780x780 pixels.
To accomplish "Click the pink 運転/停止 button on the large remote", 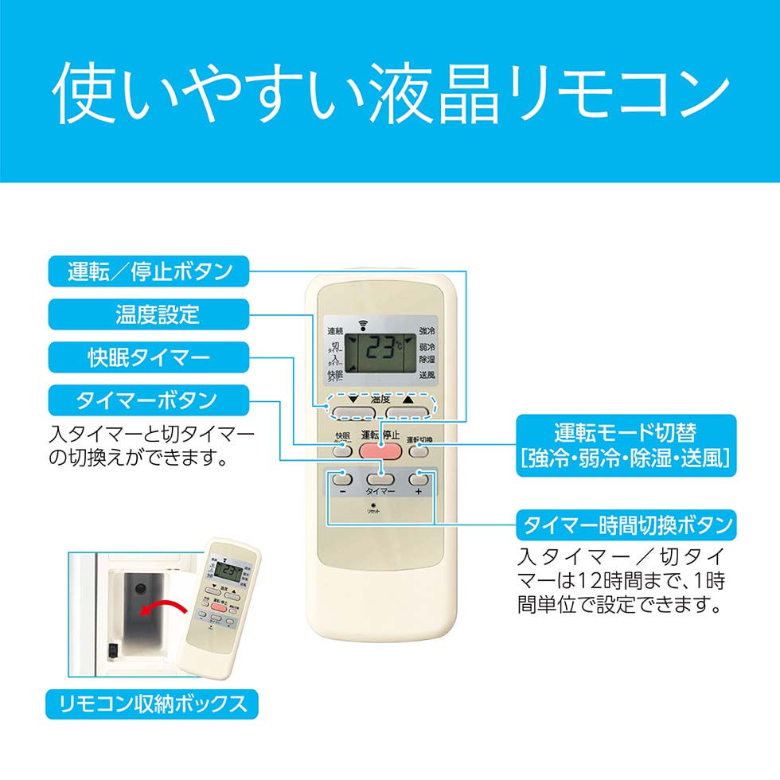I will pyautogui.click(x=380, y=450).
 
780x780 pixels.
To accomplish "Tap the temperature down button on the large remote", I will pyautogui.click(x=353, y=411).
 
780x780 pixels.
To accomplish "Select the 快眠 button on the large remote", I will pyautogui.click(x=342, y=450).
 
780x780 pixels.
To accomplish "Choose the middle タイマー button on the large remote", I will pyautogui.click(x=380, y=479).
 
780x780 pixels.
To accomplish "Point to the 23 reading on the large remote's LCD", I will pyautogui.click(x=379, y=348).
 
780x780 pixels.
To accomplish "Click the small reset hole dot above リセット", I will pyautogui.click(x=380, y=506).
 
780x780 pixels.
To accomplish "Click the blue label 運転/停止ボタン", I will pyautogui.click(x=149, y=272).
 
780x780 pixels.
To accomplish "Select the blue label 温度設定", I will pyautogui.click(x=149, y=314).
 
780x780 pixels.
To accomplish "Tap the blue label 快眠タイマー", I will pyautogui.click(x=149, y=357).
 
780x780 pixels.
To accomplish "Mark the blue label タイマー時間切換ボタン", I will pyautogui.click(x=625, y=525).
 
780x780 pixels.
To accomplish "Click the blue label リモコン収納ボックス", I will pyautogui.click(x=152, y=704).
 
